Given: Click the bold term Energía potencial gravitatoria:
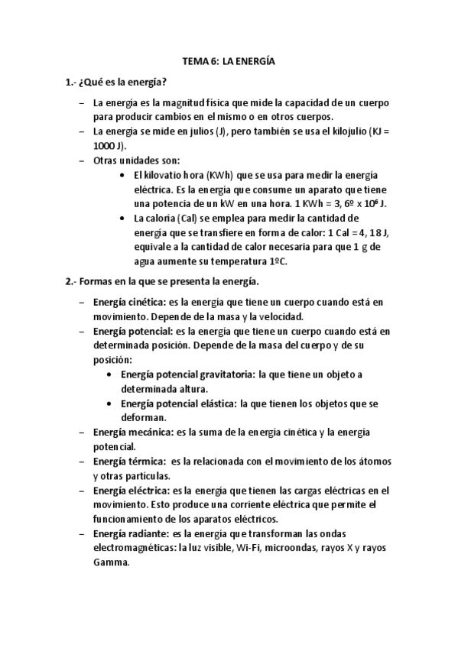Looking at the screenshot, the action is click(x=188, y=374).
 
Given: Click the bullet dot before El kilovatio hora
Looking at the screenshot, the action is click(x=125, y=175).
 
